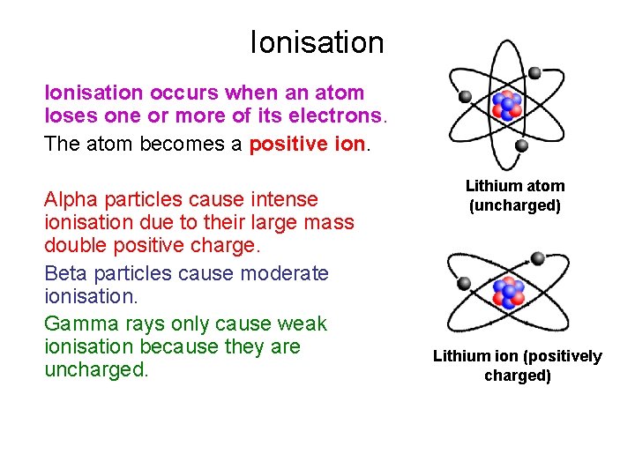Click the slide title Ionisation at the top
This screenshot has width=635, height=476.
click(x=317, y=41)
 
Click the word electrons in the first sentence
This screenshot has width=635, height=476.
click(x=339, y=115)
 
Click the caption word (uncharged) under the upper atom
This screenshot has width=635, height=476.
click(x=516, y=205)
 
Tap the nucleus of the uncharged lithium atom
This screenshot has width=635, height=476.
click(x=506, y=106)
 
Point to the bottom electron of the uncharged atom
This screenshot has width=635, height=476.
click(x=521, y=145)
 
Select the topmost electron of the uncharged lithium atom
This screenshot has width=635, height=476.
click(x=534, y=71)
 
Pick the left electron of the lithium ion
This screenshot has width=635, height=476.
click(x=463, y=282)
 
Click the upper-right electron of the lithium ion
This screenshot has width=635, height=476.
click(x=538, y=258)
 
